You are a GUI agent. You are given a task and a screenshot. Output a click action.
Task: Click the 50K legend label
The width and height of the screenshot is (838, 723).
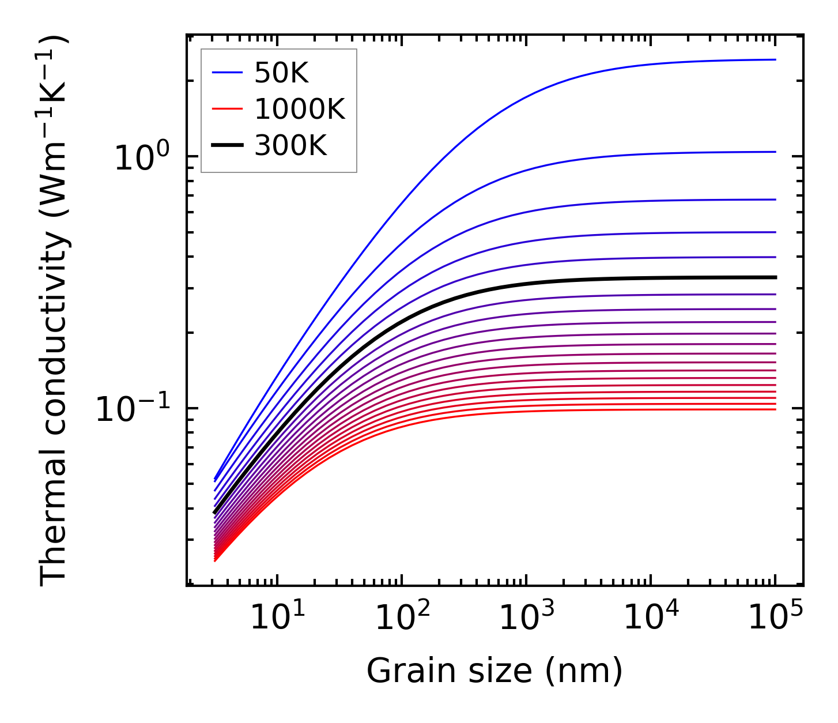tap(282, 73)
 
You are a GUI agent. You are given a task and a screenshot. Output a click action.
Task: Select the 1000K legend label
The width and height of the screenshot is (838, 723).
tap(300, 109)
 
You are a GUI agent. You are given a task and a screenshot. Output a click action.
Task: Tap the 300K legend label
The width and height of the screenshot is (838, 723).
tap(290, 146)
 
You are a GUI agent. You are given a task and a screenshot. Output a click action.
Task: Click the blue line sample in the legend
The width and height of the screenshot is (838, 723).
tap(227, 73)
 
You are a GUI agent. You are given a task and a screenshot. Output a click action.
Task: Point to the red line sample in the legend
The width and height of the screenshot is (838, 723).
tap(227, 109)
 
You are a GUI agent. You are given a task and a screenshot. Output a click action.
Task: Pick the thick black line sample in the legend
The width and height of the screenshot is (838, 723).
tap(227, 146)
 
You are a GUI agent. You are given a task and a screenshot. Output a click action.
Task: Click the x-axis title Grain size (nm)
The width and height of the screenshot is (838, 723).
tap(495, 671)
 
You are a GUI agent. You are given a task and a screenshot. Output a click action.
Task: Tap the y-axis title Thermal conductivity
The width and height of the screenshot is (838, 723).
tap(54, 311)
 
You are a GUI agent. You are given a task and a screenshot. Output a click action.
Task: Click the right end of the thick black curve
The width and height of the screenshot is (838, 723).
tap(776, 277)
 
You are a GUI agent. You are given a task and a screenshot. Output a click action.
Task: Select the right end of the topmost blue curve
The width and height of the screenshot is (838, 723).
tap(776, 59)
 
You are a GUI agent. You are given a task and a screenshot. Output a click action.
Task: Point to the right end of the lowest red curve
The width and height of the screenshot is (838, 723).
tap(776, 409)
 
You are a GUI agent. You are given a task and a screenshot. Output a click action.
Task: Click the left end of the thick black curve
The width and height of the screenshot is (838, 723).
tap(214, 513)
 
